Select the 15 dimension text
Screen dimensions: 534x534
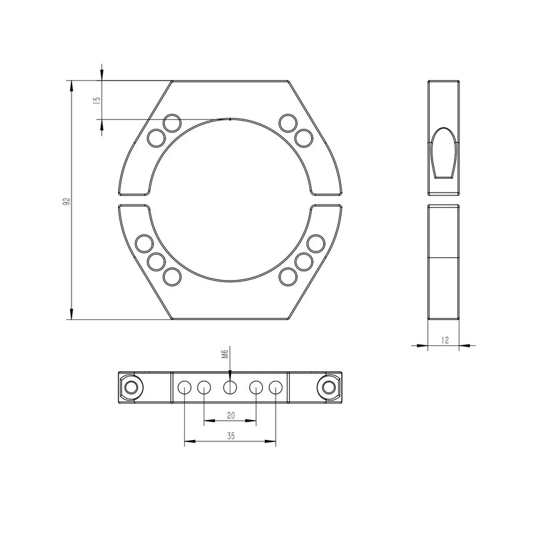pyautogui.click(x=97, y=100)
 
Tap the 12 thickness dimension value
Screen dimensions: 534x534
pyautogui.click(x=445, y=339)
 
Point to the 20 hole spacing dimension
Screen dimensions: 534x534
pyautogui.click(x=230, y=415)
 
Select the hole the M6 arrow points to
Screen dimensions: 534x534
pyautogui.click(x=230, y=387)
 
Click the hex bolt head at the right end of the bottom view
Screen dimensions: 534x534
pyautogui.click(x=328, y=387)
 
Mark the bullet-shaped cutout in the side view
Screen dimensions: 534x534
pyautogui.click(x=443, y=153)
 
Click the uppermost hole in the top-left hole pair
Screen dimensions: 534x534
pyautogui.click(x=172, y=123)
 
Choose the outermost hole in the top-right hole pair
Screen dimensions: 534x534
pyautogui.click(x=304, y=138)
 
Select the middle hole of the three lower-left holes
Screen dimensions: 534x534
pyautogui.click(x=157, y=260)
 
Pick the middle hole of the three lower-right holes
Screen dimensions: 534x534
pyautogui.click(x=304, y=260)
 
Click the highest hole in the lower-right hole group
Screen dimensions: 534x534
pyautogui.click(x=316, y=244)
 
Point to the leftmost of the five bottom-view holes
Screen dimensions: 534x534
pyautogui.click(x=184, y=387)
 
